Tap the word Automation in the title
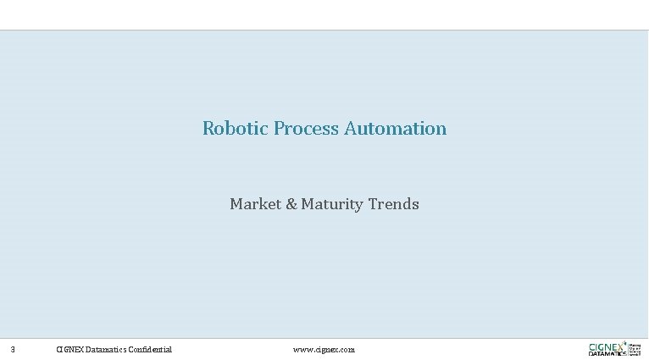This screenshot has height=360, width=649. click(396, 129)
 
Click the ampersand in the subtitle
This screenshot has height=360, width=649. click(293, 204)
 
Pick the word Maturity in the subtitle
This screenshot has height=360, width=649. click(333, 204)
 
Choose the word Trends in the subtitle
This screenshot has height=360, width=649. click(394, 204)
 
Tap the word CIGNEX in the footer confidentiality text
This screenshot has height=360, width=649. click(69, 349)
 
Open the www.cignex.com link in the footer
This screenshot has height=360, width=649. click(324, 349)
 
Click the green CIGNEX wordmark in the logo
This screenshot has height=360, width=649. click(607, 346)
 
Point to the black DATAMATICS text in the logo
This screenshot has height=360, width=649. click(607, 353)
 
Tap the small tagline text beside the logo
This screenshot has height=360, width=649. click(635, 348)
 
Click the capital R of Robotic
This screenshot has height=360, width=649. click(208, 129)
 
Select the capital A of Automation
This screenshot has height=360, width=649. click(350, 129)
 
